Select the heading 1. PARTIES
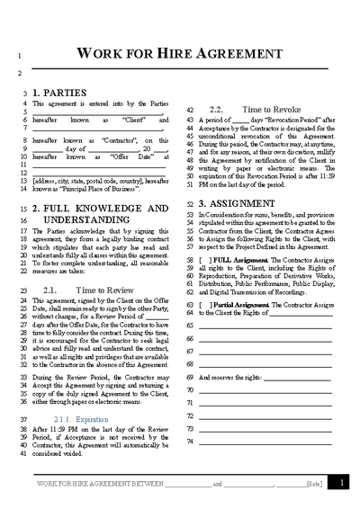click(59, 93)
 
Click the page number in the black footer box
click(341, 483)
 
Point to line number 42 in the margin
click(190, 108)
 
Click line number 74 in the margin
click(190, 442)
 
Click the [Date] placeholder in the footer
click(314, 484)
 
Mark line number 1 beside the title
click(19, 58)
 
